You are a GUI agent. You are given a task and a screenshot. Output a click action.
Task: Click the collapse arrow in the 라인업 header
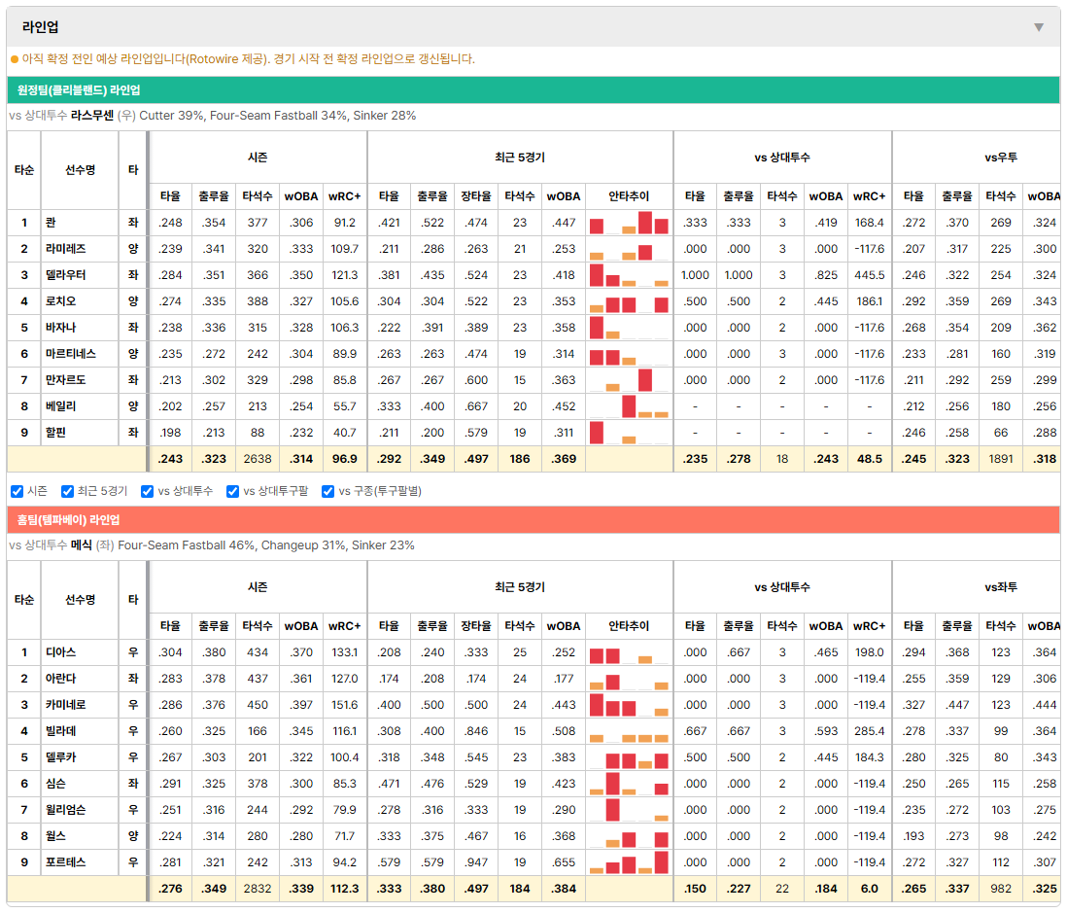pos(1039,27)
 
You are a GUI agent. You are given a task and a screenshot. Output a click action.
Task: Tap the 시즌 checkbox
pos(17,492)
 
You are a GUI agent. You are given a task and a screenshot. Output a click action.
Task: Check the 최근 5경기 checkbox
pos(67,492)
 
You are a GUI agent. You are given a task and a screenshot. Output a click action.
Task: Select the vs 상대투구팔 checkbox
pos(232,492)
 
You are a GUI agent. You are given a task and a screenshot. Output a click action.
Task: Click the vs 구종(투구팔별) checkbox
pos(328,492)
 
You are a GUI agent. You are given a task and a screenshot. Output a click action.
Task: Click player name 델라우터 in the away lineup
pos(65,275)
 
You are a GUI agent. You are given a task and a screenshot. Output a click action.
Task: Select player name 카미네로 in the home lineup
pos(65,705)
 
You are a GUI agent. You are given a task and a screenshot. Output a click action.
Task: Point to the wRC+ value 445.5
pos(870,275)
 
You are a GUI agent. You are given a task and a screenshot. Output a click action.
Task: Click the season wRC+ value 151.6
pos(344,705)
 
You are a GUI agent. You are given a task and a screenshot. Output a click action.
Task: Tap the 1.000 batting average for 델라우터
pos(695,275)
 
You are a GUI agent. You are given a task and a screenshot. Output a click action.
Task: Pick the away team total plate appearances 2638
pos(258,459)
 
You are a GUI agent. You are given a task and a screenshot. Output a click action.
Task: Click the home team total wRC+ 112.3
pos(344,889)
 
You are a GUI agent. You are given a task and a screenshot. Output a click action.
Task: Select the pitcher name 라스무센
pos(92,116)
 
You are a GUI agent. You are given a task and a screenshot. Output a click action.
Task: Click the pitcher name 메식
pos(81,545)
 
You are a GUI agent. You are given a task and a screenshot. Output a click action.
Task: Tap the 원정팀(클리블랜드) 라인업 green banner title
pos(79,90)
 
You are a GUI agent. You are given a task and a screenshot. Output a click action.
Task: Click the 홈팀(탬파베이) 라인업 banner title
pos(68,520)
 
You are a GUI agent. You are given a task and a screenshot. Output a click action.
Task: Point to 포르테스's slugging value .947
pos(475,862)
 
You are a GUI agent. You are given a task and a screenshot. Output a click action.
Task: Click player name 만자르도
pos(65,380)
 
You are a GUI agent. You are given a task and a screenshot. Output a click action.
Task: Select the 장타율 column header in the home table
pos(475,626)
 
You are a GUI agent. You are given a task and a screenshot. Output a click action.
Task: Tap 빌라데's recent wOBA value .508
pos(564,731)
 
